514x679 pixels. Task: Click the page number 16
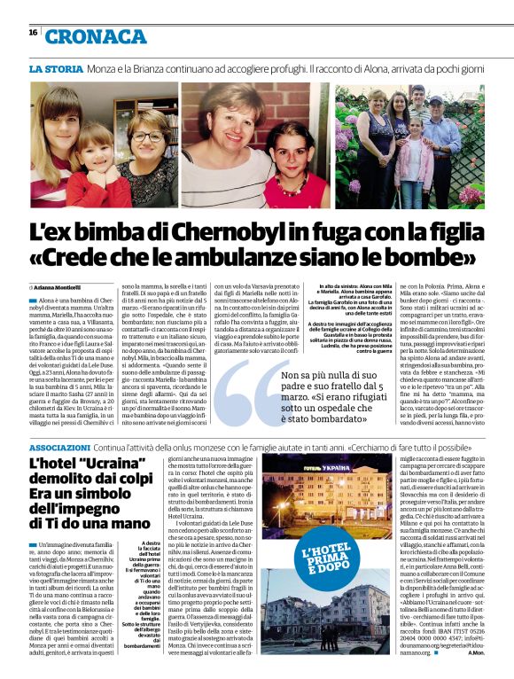tap(33, 33)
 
